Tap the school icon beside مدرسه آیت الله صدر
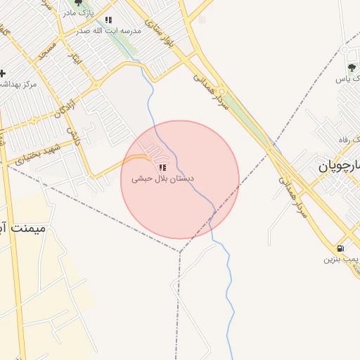[108, 20]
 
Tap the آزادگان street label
[65, 105]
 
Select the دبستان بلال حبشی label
[163, 179]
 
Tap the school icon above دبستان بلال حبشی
[163, 167]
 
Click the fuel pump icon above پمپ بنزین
[340, 247]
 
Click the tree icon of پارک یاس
[352, 67]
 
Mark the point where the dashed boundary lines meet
[180, 252]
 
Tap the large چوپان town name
[338, 167]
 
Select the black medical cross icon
[3, 73]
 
